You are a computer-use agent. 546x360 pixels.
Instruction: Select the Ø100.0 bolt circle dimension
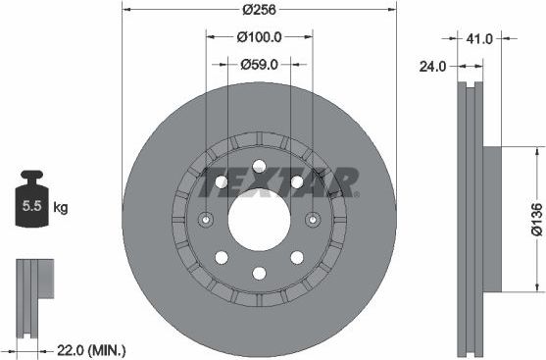tap(260, 38)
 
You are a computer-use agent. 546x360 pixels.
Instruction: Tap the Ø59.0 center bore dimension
tap(260, 65)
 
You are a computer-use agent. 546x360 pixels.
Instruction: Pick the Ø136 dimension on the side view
tap(536, 220)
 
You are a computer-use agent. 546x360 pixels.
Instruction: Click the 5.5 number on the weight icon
tap(30, 207)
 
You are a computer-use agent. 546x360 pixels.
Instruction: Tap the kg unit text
tap(61, 207)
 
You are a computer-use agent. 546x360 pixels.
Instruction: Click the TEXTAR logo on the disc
tap(278, 181)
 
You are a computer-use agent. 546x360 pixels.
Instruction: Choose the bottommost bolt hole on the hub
tap(260, 274)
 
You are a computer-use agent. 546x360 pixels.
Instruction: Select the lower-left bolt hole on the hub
tap(223, 257)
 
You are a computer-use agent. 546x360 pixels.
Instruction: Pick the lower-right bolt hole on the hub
tap(297, 257)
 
